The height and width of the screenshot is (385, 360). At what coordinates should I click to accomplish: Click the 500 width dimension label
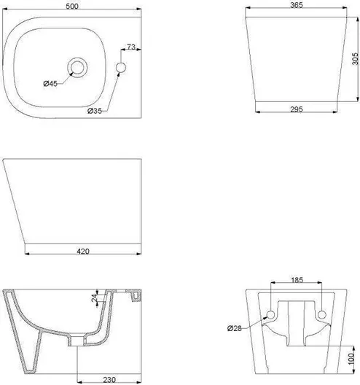[72, 6]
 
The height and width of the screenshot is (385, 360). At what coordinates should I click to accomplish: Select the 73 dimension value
[131, 47]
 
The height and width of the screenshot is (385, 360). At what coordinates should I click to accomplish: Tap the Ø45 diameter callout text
[50, 83]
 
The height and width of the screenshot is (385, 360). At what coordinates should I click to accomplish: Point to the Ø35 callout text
[95, 111]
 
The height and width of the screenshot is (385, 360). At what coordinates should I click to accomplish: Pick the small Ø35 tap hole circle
[121, 68]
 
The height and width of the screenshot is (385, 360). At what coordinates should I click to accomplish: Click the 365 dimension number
[297, 5]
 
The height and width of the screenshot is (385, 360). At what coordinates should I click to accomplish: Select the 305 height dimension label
[355, 58]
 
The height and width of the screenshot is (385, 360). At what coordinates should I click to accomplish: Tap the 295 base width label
[297, 109]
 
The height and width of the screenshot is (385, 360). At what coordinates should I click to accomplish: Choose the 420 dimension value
[83, 251]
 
